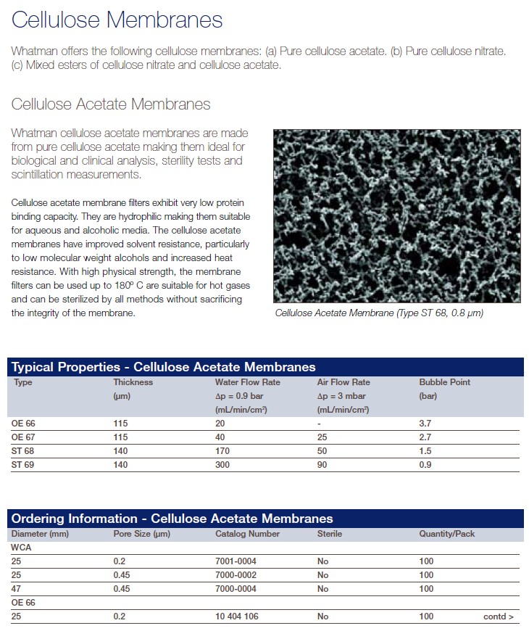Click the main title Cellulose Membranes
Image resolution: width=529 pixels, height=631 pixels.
pos(117,20)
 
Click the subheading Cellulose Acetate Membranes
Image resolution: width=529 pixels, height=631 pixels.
pos(111,104)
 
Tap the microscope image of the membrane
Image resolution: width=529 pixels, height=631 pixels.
pos(396,215)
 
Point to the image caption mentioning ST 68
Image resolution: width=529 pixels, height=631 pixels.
pos(379,313)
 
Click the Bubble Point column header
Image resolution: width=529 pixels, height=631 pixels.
pos(444,382)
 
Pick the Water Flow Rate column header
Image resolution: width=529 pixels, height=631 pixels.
pos(247,382)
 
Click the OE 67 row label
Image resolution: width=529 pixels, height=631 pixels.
pos(23,437)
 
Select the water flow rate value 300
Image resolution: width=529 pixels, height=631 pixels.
pos(222,465)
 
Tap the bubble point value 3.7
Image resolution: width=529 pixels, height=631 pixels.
pos(425,424)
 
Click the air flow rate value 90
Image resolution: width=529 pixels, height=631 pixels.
pos(322,465)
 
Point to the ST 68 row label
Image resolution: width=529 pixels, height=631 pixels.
pos(23,451)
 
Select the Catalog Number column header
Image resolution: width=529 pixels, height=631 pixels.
pos(247,534)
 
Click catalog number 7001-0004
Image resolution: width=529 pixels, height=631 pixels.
pos(236,561)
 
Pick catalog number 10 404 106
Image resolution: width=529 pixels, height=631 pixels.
pos(237,616)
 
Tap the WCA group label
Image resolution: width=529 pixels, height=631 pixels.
pos(21,548)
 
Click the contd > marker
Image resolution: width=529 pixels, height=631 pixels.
pos(499,616)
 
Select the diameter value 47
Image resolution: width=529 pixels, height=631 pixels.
pos(16,589)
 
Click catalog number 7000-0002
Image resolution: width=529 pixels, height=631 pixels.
pos(236,575)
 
